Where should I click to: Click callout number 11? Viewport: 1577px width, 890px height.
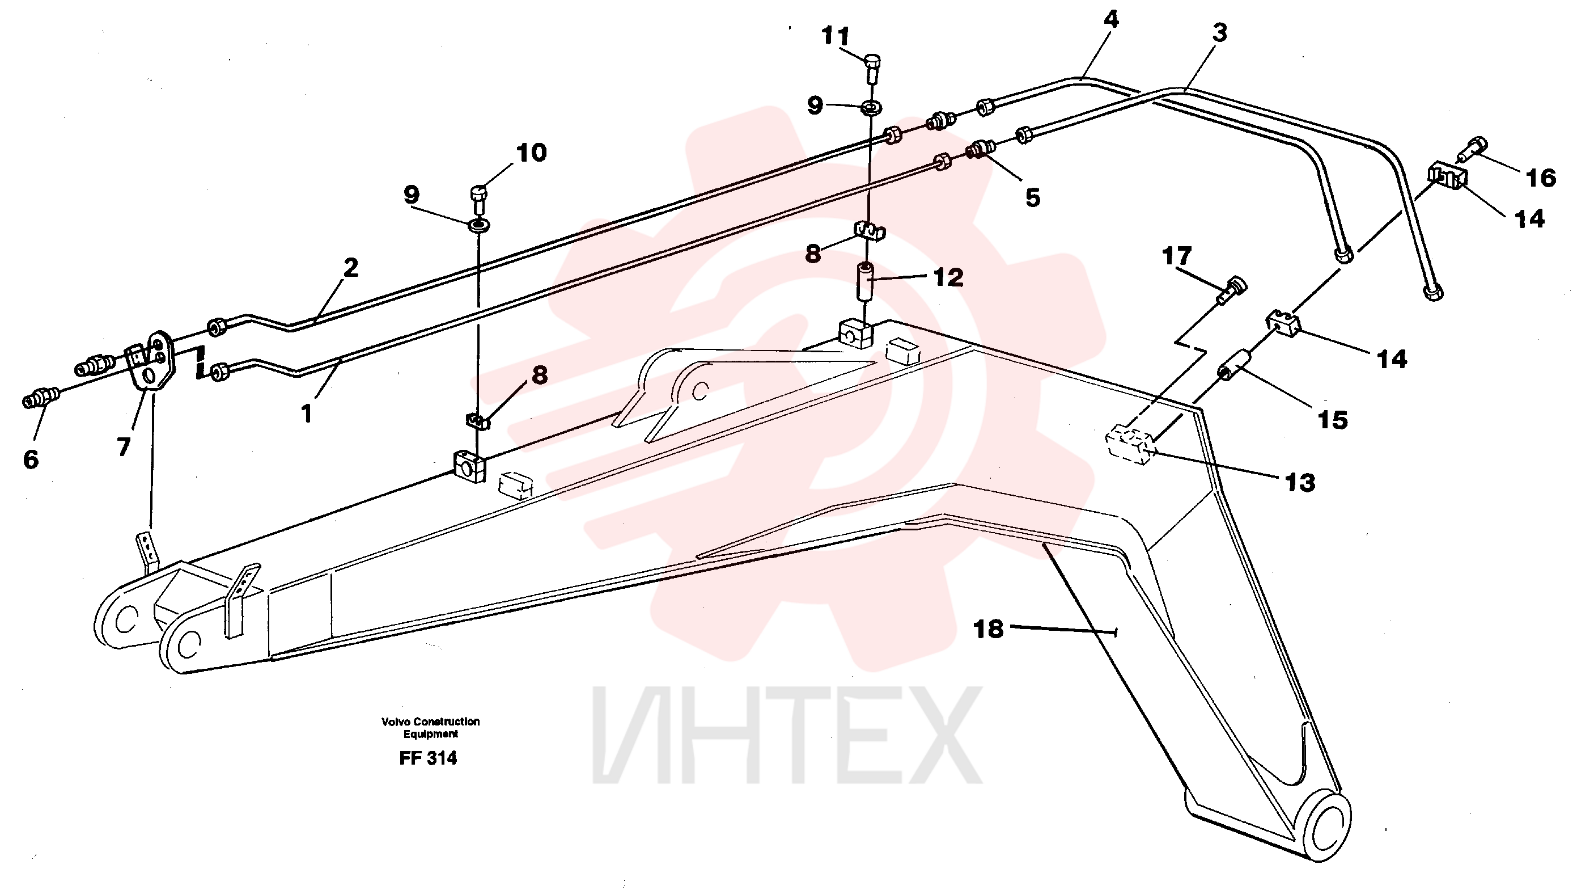836,36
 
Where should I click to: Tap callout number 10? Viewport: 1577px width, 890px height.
531,153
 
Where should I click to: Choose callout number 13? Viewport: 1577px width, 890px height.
1300,483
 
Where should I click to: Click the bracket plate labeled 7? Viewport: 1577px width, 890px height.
154,361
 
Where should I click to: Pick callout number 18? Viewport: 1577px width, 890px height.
989,629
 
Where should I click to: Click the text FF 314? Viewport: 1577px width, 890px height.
428,758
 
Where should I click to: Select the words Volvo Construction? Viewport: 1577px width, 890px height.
431,722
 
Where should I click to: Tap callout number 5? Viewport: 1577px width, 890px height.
1033,198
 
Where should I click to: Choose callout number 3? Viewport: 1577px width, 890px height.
1219,32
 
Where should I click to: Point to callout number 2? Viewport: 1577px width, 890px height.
350,267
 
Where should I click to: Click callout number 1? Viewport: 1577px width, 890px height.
307,414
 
